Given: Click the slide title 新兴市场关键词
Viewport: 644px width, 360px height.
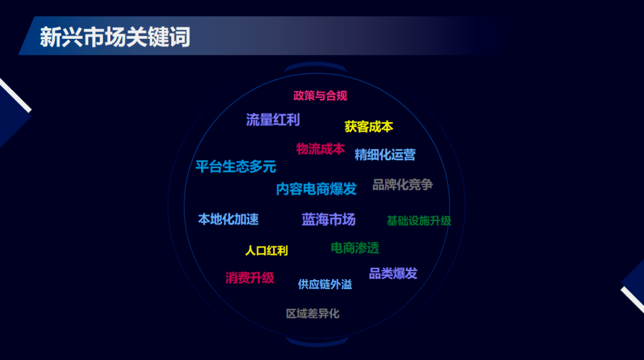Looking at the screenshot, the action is pos(115,36).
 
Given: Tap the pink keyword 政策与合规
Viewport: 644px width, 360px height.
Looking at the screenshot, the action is pos(320,95).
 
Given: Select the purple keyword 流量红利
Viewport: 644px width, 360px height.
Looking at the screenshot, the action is pos(273,119).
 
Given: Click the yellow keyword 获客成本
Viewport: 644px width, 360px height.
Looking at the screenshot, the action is pos(369,126).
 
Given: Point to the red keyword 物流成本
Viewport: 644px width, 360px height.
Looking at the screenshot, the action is pos(320,148).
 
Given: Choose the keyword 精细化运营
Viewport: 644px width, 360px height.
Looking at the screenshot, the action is pos(385,154).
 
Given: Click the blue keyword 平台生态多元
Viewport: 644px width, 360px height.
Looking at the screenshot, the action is pos(236,166).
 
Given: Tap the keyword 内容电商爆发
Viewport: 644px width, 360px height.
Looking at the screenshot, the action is pos(316,189).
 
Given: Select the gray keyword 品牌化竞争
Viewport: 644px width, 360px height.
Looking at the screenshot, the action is pos(402,185).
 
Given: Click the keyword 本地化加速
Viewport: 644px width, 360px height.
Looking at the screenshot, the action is pos(228,219).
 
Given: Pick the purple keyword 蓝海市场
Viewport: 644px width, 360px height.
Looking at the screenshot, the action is pos(329,219).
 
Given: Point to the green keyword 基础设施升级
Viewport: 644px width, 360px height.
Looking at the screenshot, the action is pos(419,221).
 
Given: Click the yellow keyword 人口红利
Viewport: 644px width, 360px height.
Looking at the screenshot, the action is pos(267,250).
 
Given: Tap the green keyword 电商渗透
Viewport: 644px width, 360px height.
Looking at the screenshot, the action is pos(355,248).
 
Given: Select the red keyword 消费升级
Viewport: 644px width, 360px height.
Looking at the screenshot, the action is pos(250,278).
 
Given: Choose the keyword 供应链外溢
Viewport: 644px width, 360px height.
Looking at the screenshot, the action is pos(325,284).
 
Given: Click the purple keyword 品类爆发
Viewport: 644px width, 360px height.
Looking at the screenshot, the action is pos(393,273).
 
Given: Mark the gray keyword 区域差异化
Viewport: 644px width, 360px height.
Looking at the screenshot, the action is pos(312,314).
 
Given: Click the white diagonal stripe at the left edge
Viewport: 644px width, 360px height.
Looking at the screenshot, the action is pos(15,94).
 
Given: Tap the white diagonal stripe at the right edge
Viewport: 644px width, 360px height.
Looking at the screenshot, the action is pos(633,300).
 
